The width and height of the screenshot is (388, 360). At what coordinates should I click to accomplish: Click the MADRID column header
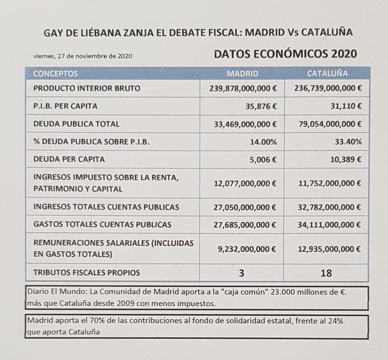[x=242, y=73]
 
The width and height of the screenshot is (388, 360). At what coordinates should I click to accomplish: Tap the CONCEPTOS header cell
[x=56, y=73]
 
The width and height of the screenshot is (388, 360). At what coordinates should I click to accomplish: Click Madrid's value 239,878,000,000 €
[x=243, y=89]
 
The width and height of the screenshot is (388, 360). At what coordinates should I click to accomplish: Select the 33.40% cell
[x=350, y=142]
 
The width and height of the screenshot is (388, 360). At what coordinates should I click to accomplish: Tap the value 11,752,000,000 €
[x=328, y=183]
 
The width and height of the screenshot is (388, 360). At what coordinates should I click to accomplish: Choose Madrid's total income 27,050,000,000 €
[x=245, y=207]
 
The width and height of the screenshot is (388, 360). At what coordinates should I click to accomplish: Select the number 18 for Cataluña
[x=326, y=273]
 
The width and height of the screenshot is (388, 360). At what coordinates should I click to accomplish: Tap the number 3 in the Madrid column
[x=242, y=273]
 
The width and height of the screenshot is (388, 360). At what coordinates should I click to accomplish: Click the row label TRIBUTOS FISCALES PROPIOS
[x=87, y=273]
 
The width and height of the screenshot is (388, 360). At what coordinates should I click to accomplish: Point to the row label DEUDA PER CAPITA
[x=69, y=159]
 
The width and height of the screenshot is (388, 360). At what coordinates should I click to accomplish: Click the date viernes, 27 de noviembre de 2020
[x=83, y=56]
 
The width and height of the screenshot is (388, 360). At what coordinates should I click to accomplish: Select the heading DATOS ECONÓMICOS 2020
[x=285, y=54]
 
